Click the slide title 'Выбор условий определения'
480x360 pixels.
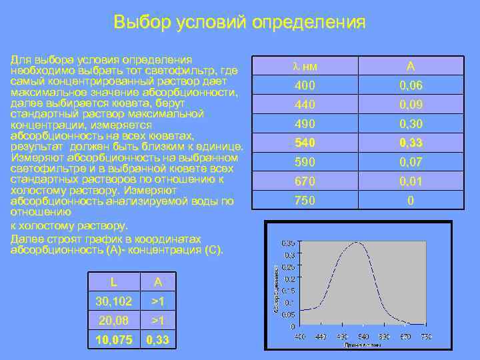point(239,22)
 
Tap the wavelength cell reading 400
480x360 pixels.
point(304,85)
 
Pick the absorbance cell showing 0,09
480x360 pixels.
point(411,105)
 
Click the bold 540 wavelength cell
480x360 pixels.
point(304,143)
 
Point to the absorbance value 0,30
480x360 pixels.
point(411,124)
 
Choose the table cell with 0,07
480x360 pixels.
point(411,162)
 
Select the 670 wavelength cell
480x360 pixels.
point(304,181)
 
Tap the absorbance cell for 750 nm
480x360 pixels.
point(411,200)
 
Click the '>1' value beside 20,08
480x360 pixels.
point(158,321)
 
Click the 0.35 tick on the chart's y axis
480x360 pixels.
point(288,242)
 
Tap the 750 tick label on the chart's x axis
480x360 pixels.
point(426,335)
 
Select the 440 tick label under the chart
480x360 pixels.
point(321,335)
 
